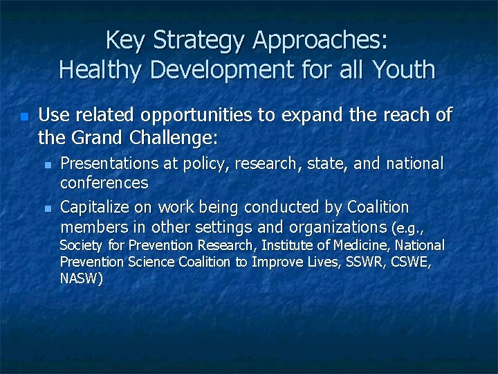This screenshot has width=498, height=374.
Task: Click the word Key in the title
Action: pyautogui.click(x=125, y=40)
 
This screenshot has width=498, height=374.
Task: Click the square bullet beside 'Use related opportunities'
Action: pyautogui.click(x=24, y=117)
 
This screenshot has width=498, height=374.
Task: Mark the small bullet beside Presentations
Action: pyautogui.click(x=47, y=166)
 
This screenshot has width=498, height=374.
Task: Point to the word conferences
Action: pyautogui.click(x=104, y=183)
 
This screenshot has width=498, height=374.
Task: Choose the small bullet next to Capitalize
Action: pyautogui.click(x=47, y=208)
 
